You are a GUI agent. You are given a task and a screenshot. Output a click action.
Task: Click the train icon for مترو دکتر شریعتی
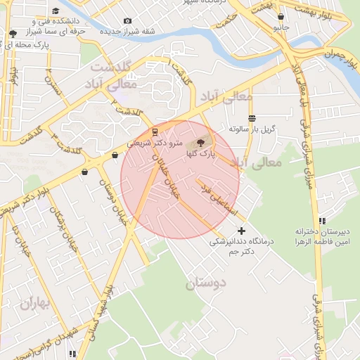(x=155, y=131)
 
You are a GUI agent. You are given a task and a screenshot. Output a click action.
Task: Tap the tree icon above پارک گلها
(x=202, y=143)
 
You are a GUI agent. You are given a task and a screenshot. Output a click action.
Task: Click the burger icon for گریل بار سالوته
(x=252, y=118)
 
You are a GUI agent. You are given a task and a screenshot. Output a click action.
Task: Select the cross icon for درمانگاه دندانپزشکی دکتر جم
(x=241, y=231)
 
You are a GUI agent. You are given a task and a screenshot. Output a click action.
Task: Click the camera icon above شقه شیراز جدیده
(x=127, y=21)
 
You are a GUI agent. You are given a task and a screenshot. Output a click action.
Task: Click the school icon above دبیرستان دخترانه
(x=322, y=220)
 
